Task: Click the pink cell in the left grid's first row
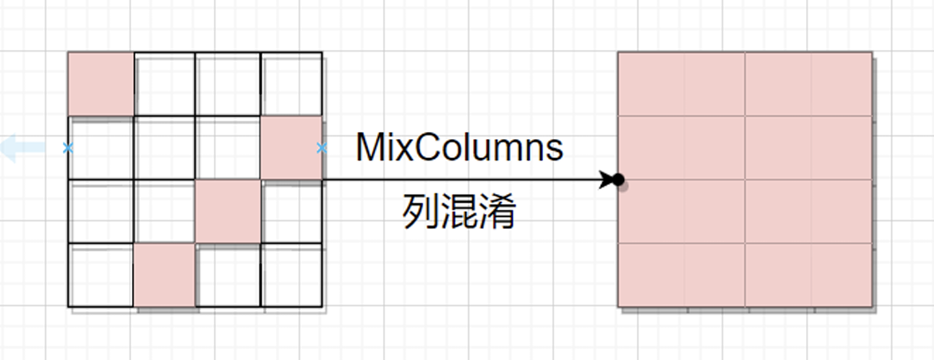coord(101,83)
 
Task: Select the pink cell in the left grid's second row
coord(292,148)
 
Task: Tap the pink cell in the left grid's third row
coord(228,211)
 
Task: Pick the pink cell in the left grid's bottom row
coord(165,275)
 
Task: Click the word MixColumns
coord(459,148)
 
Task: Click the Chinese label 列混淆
coord(459,212)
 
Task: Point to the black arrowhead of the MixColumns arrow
coord(609,180)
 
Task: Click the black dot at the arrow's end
coord(619,180)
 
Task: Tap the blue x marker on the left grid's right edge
coord(322,148)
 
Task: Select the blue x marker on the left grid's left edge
coord(68,148)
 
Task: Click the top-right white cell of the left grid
coord(292,83)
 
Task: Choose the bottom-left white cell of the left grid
coord(101,275)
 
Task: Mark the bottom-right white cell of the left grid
coord(292,275)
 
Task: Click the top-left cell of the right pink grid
coord(650,83)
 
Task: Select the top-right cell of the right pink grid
coord(841,83)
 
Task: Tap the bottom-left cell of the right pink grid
coord(650,275)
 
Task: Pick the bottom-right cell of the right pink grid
coord(841,275)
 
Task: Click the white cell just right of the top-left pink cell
coord(165,83)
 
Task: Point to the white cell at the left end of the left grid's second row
coord(101,148)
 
